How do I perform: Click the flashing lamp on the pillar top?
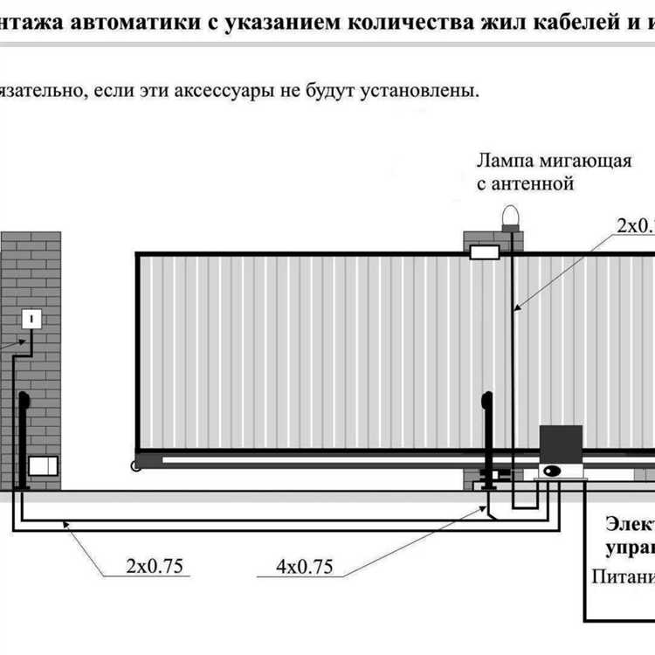(509, 216)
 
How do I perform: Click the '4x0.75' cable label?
(304, 566)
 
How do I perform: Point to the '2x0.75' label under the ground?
(153, 566)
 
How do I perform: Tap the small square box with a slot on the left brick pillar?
(32, 320)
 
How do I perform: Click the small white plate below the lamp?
(485, 252)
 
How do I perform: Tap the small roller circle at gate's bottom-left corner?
(135, 466)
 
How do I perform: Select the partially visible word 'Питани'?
(623, 576)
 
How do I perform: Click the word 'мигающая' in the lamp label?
(584, 162)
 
